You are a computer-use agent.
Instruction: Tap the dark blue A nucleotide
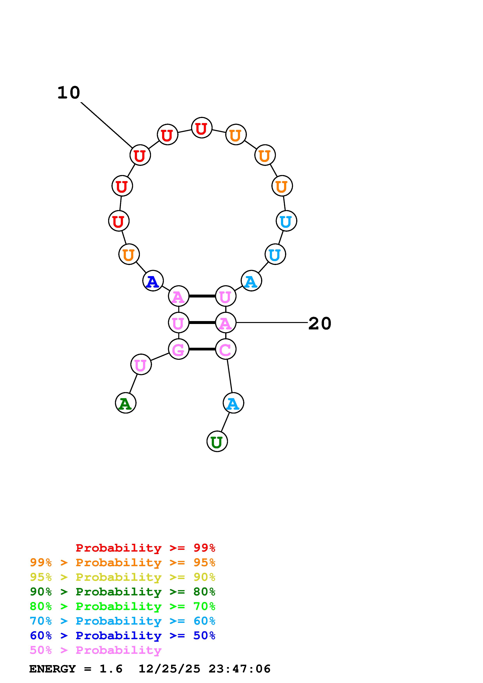pyautogui.click(x=153, y=281)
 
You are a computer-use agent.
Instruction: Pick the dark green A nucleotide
pyautogui.click(x=126, y=403)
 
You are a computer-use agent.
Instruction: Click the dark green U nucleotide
pyautogui.click(x=217, y=441)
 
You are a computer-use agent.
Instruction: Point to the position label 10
pyautogui.click(x=69, y=93)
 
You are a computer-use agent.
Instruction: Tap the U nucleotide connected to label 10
pyautogui.click(x=140, y=155)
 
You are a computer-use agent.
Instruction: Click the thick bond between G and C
pyautogui.click(x=202, y=349)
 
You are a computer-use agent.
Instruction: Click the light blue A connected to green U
pyautogui.click(x=233, y=403)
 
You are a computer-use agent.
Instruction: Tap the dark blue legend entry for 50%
pyautogui.click(x=123, y=635)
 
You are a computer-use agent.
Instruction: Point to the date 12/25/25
pyautogui.click(x=169, y=669)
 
